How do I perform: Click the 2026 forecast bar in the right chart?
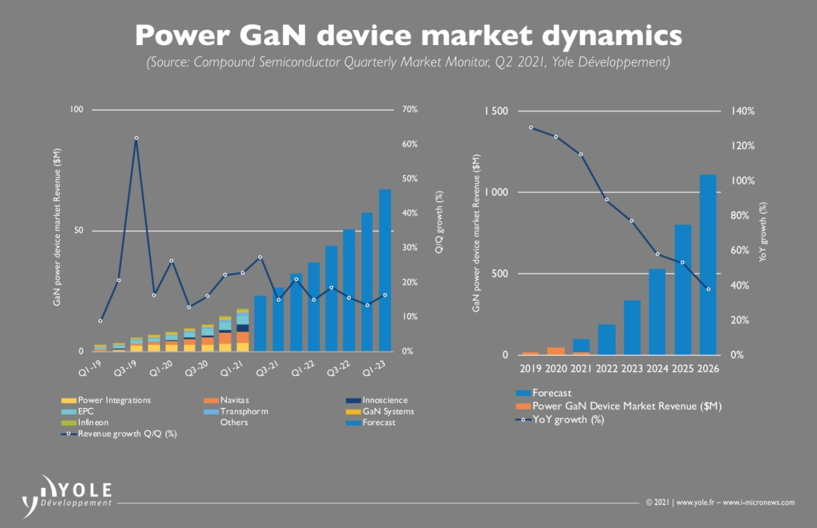708,265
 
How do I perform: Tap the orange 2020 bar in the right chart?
556,351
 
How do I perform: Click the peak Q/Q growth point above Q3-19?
136,138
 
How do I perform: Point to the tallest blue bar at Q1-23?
385,270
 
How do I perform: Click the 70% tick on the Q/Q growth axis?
409,110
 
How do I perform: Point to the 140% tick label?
742,111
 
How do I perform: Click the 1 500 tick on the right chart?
496,112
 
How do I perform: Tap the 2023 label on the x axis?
632,369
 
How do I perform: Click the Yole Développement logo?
67,495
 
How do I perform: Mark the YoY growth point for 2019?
531,127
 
